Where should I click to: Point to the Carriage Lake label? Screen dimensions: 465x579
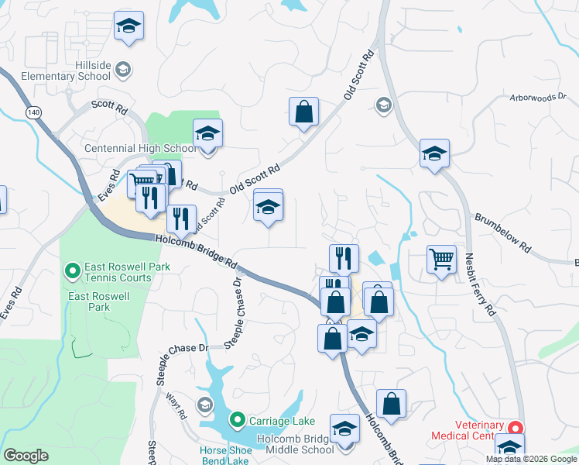pos(282,421)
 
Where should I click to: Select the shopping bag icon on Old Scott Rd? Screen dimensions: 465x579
pos(304,111)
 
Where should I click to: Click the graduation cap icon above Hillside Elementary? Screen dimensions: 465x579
pos(128,26)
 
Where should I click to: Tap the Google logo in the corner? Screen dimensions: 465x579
pos(26,456)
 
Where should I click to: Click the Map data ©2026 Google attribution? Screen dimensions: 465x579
pos(531,459)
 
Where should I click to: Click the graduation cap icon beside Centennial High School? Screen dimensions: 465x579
pos(207,133)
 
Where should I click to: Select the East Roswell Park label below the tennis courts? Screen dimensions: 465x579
pos(89,301)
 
